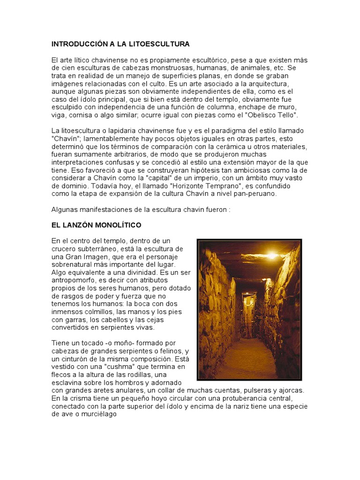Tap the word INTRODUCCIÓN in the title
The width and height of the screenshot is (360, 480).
click(79, 44)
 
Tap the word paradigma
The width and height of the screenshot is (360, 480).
click(233, 130)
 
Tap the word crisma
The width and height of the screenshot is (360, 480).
click(78, 399)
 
